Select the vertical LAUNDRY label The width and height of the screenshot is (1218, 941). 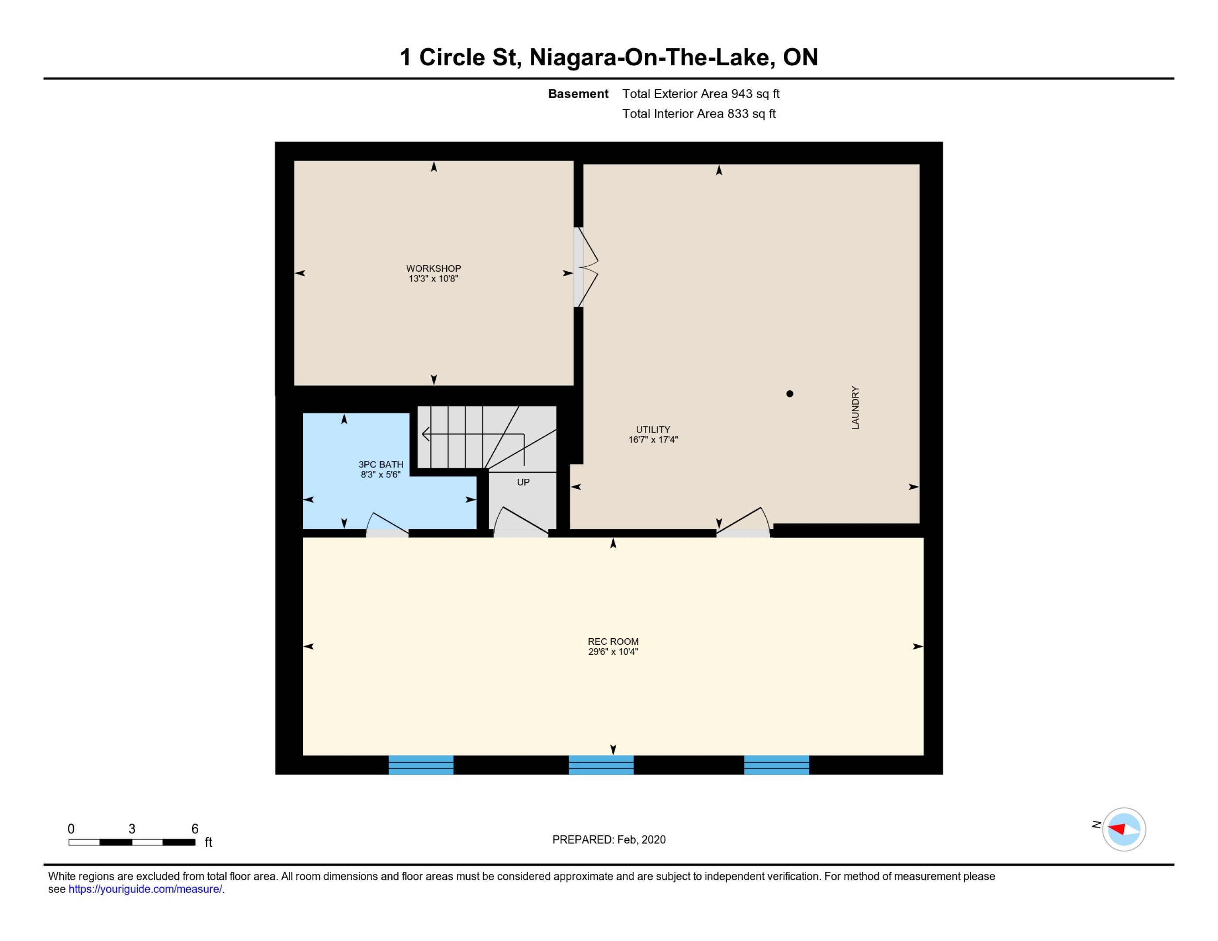tap(855, 407)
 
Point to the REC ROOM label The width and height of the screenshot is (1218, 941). tap(613, 642)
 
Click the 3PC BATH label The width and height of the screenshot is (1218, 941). tap(381, 464)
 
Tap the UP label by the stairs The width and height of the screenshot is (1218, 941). tap(523, 482)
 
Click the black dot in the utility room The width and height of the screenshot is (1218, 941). tap(790, 393)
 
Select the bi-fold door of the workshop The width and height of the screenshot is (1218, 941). tap(586, 267)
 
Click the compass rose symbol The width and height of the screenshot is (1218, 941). tap(1124, 829)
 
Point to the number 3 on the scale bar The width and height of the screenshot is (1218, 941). tap(132, 829)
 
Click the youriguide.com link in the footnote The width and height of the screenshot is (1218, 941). tap(145, 889)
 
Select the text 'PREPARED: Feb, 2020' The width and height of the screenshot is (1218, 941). tap(609, 839)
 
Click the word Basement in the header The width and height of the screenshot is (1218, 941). tap(578, 94)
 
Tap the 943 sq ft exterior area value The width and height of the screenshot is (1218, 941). tap(755, 94)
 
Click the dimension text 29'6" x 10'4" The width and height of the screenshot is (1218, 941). tap(613, 652)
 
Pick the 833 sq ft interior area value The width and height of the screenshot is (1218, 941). tap(751, 114)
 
